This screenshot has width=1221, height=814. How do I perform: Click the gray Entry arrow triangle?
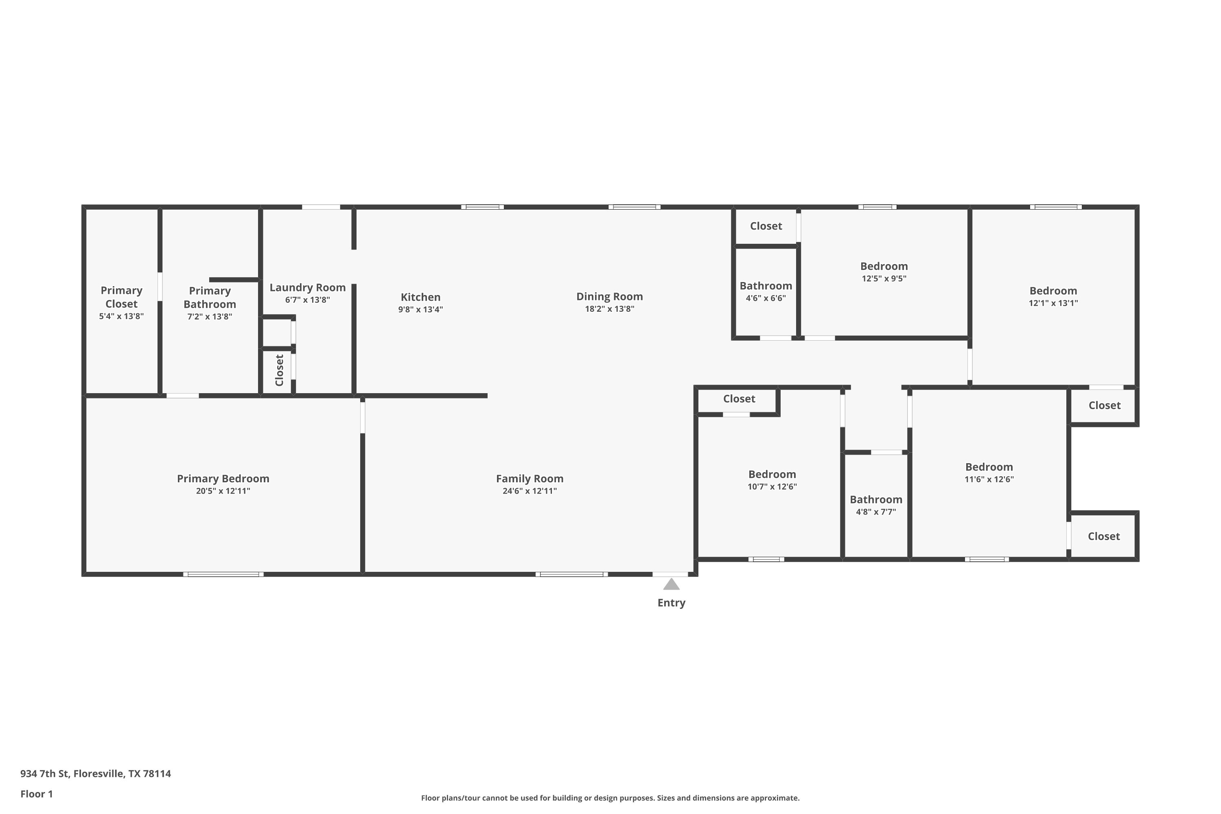671,584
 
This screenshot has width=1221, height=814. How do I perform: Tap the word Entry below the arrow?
671,603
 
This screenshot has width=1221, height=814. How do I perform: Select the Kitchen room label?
420,297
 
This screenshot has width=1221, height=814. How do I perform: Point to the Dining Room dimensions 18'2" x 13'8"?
609,309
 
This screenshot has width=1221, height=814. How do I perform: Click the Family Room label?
530,479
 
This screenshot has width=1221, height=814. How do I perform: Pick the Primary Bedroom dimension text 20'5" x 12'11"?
223,491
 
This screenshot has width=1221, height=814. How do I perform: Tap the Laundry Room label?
307,288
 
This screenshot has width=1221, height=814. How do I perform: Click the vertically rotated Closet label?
279,370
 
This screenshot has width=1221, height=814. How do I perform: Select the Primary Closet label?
121,297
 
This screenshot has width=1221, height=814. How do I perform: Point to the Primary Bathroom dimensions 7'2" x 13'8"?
210,317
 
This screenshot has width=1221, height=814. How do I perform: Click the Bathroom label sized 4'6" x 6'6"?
766,286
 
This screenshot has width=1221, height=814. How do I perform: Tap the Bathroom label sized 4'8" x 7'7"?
876,499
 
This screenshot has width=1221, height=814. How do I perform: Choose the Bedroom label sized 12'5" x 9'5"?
884,266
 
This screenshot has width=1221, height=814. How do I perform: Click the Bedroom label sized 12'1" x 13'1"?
1053,291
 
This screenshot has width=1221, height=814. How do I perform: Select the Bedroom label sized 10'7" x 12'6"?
772,474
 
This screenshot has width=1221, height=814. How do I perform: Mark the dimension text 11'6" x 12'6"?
989,479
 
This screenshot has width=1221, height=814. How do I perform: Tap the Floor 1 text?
36,794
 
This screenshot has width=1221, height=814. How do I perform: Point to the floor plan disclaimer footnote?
610,798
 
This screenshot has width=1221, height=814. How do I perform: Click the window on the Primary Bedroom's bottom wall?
223,574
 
